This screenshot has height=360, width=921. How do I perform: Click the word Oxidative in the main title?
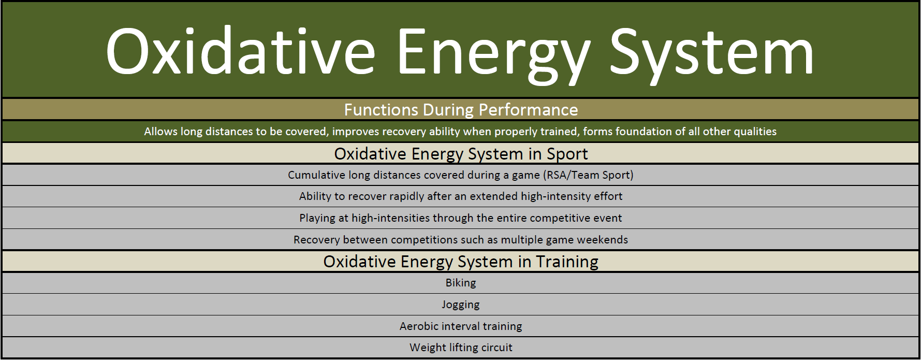(x=240, y=51)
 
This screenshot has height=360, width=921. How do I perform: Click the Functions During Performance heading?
(x=461, y=110)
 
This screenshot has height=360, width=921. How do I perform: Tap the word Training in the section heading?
(x=567, y=262)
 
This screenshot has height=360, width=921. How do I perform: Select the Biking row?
(x=461, y=283)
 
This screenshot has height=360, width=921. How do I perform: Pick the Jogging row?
(x=461, y=305)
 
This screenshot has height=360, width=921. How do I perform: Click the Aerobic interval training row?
(x=461, y=326)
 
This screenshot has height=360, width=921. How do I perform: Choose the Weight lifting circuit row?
(x=461, y=348)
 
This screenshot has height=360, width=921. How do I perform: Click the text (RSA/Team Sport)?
(x=588, y=175)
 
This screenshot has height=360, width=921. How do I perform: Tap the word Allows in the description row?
(x=160, y=132)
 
